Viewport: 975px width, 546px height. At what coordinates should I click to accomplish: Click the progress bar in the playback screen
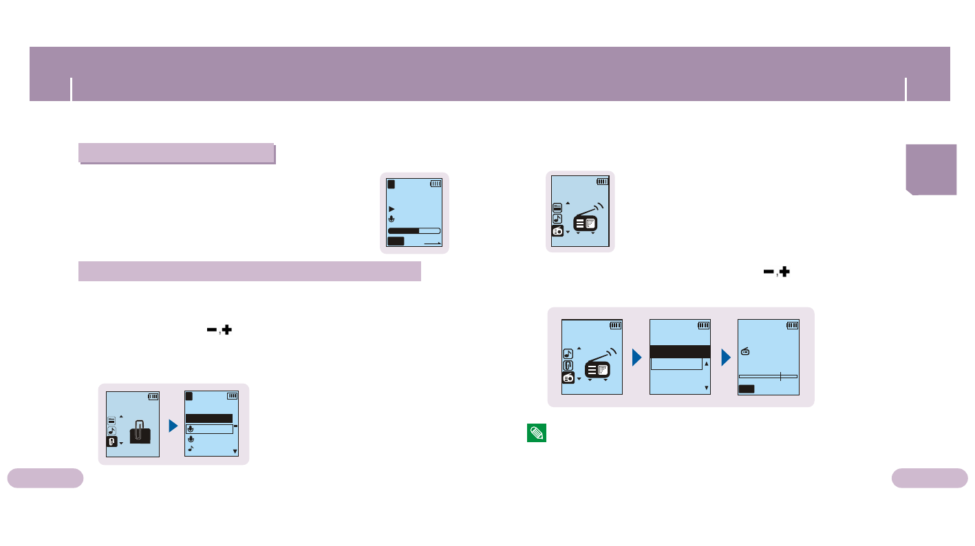click(x=414, y=231)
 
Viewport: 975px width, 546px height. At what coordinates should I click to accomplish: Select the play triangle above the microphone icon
click(x=392, y=208)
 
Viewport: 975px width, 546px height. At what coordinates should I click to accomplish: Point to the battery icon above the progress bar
click(x=436, y=184)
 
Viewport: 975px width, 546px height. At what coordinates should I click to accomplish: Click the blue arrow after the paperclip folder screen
click(x=174, y=424)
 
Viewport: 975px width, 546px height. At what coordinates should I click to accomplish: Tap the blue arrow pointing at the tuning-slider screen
click(x=726, y=358)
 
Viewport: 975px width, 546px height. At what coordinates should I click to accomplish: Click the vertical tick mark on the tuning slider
click(x=780, y=376)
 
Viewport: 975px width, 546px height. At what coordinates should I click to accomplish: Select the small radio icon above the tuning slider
click(x=745, y=352)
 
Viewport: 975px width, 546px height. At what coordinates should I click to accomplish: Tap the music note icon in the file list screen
click(x=191, y=448)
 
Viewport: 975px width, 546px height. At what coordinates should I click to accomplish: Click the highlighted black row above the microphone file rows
click(x=209, y=418)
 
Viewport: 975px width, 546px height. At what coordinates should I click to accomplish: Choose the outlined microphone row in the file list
click(x=209, y=429)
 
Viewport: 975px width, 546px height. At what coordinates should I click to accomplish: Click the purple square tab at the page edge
click(x=931, y=169)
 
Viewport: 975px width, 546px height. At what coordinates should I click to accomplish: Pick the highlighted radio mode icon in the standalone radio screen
click(x=557, y=231)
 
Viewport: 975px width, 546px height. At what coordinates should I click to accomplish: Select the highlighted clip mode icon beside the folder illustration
click(x=111, y=442)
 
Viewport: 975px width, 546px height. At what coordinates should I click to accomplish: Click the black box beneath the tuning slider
click(x=747, y=389)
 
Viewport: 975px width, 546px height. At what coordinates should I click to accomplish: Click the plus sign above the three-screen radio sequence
click(x=783, y=272)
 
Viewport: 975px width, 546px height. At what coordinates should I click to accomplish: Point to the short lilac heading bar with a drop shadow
click(x=176, y=152)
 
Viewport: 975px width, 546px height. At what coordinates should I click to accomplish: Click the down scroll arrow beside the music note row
click(x=235, y=452)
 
